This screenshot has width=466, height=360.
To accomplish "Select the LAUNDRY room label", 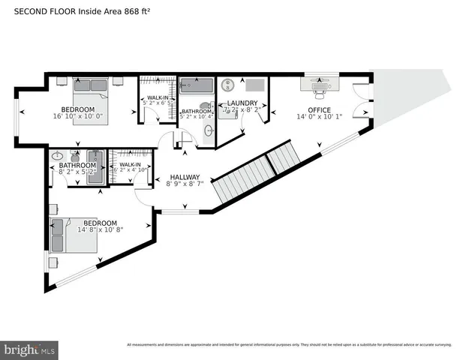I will (242, 103).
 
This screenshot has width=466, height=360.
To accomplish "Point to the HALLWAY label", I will (184, 177).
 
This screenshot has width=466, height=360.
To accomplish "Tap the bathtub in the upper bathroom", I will (197, 83).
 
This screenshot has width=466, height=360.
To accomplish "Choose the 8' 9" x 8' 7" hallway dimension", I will (185, 186).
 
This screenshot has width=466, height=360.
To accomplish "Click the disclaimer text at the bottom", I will (288, 344).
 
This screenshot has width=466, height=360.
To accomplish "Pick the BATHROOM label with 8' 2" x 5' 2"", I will (77, 165).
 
